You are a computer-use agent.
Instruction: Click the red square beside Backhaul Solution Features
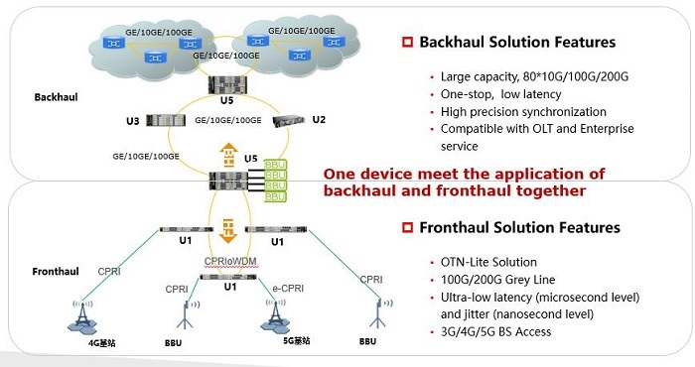(x=407, y=42)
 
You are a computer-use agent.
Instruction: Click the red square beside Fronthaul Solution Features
(x=407, y=227)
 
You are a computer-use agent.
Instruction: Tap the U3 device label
(x=132, y=121)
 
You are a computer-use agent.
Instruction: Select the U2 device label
(x=319, y=120)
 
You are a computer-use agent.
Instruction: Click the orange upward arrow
(x=228, y=155)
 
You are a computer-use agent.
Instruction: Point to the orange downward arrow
(x=228, y=231)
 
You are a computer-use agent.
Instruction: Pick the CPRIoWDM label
(x=230, y=262)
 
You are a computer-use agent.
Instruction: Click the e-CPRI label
(x=288, y=289)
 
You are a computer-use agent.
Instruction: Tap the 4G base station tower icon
(x=82, y=316)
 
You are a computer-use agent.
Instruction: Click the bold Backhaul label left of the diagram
(x=56, y=97)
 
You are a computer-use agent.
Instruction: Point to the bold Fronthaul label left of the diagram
(x=56, y=272)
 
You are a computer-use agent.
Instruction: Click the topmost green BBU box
(x=275, y=165)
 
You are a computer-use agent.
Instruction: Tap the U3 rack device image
(x=166, y=120)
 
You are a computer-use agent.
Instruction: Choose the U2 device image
(x=289, y=120)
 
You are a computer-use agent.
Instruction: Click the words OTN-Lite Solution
(x=488, y=262)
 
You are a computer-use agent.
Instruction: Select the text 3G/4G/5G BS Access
(x=495, y=332)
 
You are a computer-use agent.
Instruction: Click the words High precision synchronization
(x=523, y=112)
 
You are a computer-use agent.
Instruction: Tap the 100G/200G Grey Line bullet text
(x=497, y=280)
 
